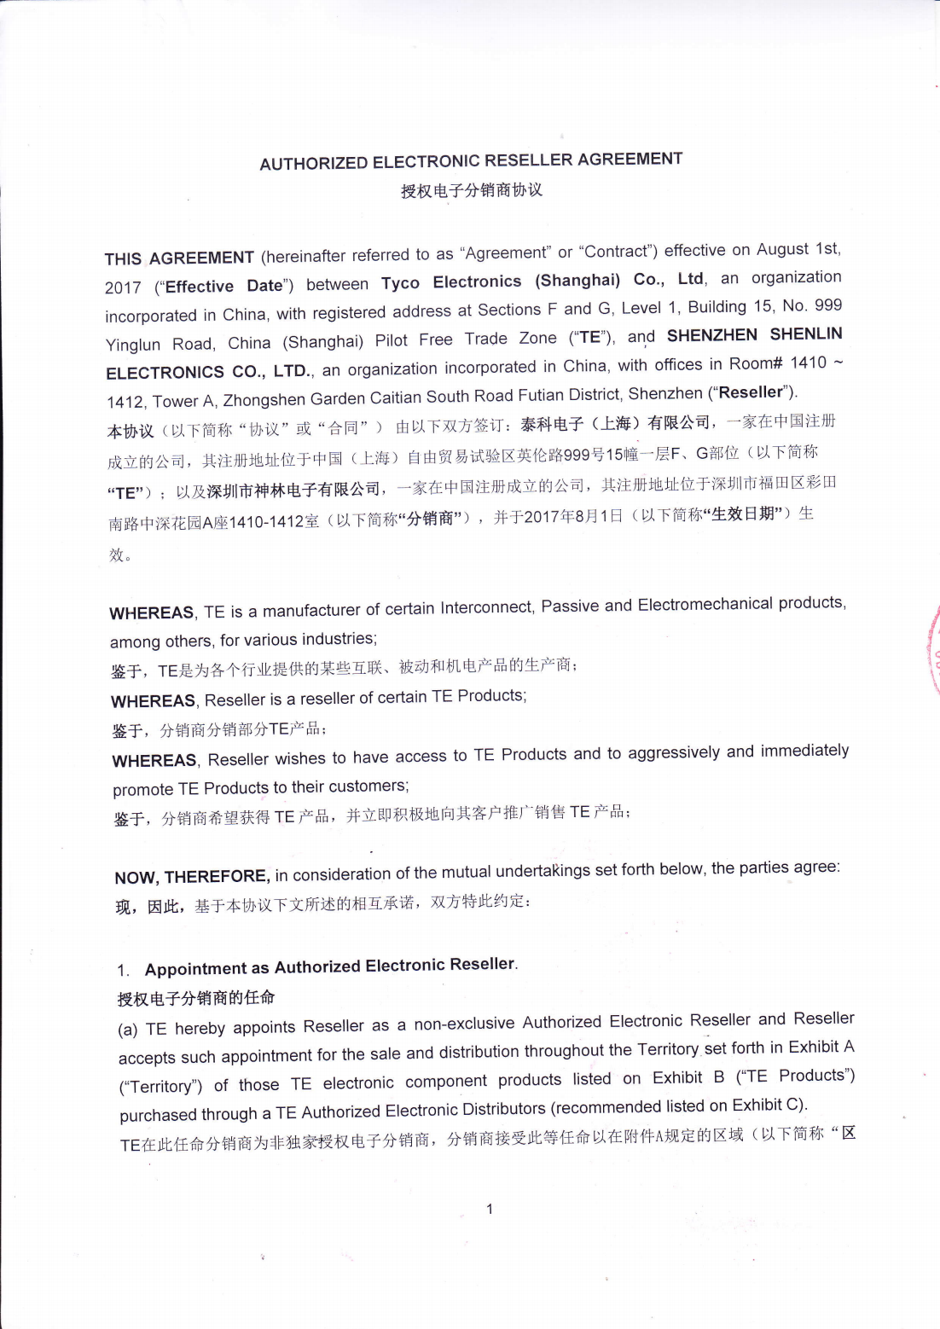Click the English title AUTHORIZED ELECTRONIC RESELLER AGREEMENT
[471, 161]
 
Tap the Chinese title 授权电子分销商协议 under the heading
[472, 190]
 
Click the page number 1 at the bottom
[490, 1209]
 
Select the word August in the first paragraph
[782, 249]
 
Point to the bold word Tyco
[400, 283]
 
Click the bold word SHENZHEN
[711, 335]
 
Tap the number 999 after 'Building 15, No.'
[828, 305]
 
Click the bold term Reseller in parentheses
[751, 392]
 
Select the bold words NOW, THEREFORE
[192, 877]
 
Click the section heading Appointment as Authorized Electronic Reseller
[330, 966]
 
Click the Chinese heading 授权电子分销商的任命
[196, 997]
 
